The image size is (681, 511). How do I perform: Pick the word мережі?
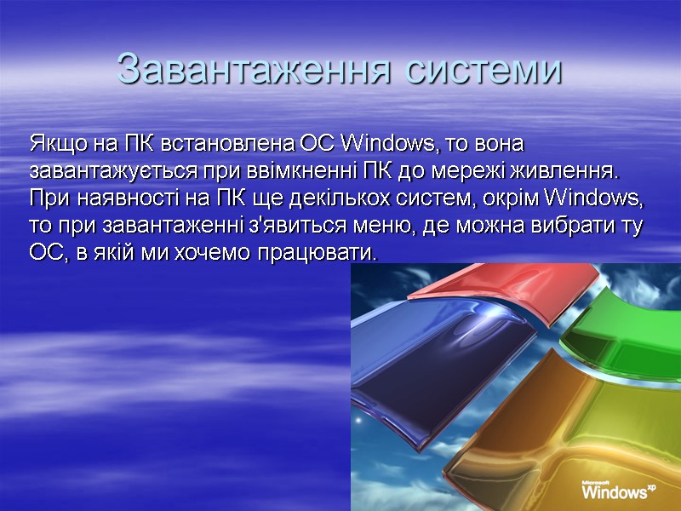click(x=456, y=170)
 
